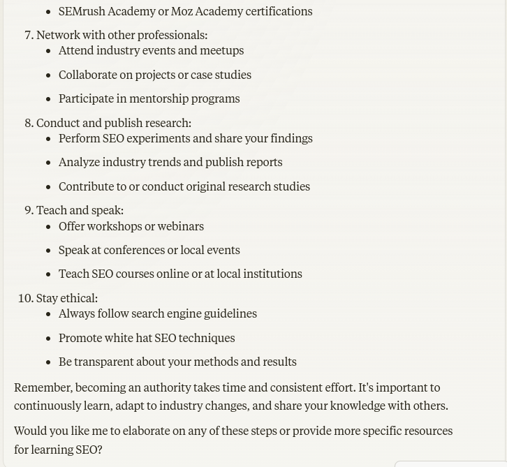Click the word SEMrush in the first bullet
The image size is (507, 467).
point(81,11)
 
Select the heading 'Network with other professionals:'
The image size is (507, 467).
point(122,35)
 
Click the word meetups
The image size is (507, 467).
point(221,50)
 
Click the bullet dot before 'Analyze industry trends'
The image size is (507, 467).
point(48,163)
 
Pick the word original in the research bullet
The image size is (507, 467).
point(221,186)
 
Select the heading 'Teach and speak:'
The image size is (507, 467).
point(80,210)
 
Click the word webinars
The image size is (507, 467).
point(181,226)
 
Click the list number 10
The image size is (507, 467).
point(25,298)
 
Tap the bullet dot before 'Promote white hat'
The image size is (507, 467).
point(48,338)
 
